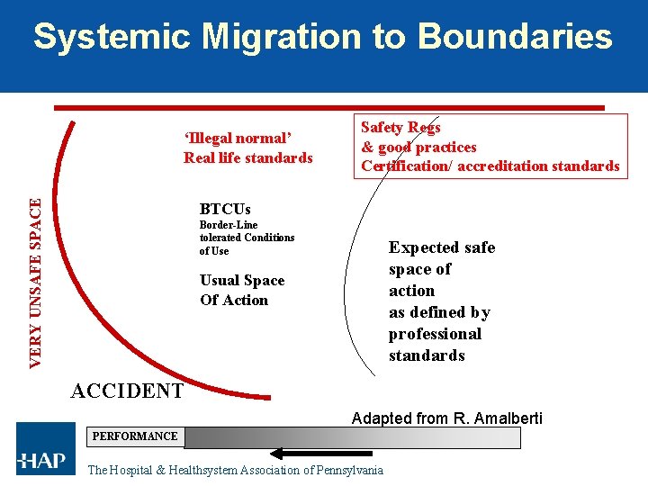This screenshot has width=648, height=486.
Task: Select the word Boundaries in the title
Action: (515, 37)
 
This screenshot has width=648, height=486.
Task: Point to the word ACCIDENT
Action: (127, 391)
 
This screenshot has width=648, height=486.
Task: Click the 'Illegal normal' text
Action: (238, 138)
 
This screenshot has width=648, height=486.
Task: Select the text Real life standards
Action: (248, 157)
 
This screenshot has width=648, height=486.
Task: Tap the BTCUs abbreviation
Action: (225, 209)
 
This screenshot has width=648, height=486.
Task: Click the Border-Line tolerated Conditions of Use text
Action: (247, 238)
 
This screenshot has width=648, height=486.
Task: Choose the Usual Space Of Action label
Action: (241, 290)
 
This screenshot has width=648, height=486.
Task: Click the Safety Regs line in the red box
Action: (400, 128)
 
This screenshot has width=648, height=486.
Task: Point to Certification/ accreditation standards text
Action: (490, 166)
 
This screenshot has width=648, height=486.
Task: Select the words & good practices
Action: (418, 147)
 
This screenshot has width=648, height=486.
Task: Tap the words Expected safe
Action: (441, 247)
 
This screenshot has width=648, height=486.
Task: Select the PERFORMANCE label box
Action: (135, 436)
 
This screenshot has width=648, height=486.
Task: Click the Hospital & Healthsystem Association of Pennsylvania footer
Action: (235, 470)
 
